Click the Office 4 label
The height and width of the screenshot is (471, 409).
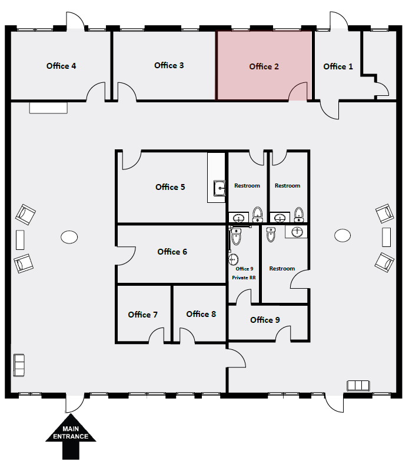(x=61, y=66)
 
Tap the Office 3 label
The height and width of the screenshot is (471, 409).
(x=169, y=65)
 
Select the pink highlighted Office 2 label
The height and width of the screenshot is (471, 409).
(x=264, y=66)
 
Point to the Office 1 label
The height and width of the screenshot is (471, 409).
(x=338, y=66)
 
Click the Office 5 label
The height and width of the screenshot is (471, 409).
(x=170, y=187)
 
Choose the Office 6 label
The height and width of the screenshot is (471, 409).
(x=172, y=252)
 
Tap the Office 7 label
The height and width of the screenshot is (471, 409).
(x=142, y=315)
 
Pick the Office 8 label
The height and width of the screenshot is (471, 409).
(x=201, y=314)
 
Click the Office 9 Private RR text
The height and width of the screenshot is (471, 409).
(x=244, y=272)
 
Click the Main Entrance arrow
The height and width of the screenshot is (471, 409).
(x=71, y=436)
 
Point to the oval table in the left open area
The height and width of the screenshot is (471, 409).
(x=69, y=237)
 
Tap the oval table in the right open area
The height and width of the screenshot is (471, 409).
(x=343, y=236)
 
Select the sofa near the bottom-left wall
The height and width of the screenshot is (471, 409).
(x=18, y=365)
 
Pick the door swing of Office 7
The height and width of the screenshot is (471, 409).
(x=156, y=336)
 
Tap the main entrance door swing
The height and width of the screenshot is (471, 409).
(x=75, y=403)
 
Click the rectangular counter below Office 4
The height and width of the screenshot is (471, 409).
(x=48, y=108)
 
